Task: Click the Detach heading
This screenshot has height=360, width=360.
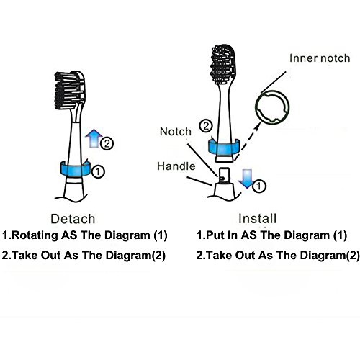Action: (x=73, y=219)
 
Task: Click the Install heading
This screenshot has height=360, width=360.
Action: (x=258, y=218)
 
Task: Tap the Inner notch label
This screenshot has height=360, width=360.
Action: (x=320, y=58)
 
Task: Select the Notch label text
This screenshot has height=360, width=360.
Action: (x=176, y=132)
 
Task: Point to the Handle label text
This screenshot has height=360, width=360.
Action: (x=176, y=166)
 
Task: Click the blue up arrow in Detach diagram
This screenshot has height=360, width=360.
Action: (x=94, y=138)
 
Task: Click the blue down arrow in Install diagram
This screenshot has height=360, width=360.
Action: (x=246, y=179)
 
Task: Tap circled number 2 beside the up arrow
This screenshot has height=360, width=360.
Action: (x=107, y=143)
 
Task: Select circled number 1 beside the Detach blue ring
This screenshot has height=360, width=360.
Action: (x=98, y=171)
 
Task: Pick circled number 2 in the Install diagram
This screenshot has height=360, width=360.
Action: (x=206, y=126)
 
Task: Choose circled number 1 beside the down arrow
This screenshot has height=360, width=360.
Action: (x=258, y=186)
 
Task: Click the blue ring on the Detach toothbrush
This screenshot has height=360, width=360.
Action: (x=76, y=169)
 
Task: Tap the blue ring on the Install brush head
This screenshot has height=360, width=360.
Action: (x=224, y=147)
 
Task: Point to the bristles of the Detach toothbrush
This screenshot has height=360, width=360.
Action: (x=68, y=90)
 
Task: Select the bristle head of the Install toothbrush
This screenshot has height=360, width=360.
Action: (x=223, y=64)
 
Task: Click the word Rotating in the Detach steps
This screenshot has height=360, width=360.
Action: (x=35, y=235)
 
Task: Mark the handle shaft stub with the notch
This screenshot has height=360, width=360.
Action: (x=224, y=176)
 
